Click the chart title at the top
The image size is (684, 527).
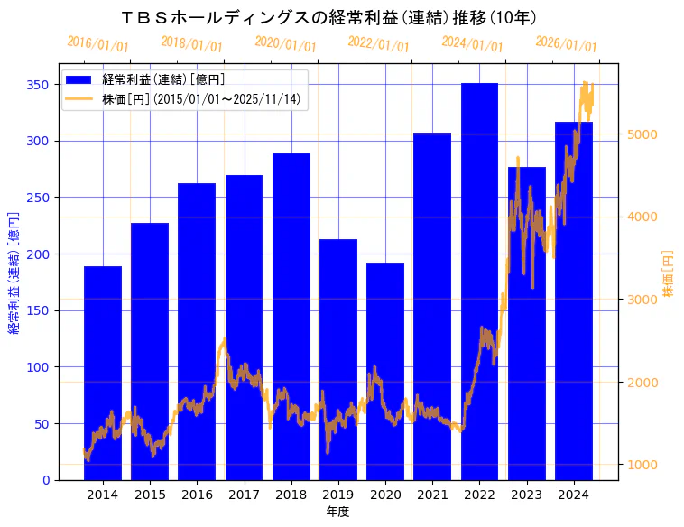(x=329, y=18)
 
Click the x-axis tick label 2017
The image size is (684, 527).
(x=244, y=495)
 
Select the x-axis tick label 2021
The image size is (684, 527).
(x=432, y=495)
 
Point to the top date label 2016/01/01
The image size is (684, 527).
(x=98, y=43)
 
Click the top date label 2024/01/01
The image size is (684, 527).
(x=473, y=43)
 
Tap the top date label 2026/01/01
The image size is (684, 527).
(x=566, y=43)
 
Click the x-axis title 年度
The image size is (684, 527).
(x=338, y=512)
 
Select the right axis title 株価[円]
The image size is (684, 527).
(x=669, y=274)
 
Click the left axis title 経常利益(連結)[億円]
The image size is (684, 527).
(x=14, y=273)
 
